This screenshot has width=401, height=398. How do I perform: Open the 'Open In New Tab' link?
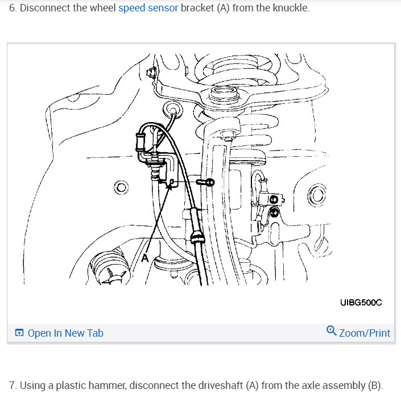point(65,333)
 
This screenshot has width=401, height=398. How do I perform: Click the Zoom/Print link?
point(365,333)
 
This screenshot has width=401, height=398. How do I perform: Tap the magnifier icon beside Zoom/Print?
point(331,330)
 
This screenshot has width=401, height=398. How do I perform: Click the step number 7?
point(12,386)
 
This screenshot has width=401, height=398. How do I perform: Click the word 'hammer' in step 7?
point(109,386)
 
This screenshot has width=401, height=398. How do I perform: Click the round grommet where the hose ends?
point(170,108)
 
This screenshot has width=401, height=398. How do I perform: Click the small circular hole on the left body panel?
point(121,187)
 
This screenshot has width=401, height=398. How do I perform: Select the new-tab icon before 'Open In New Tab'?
point(19,333)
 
